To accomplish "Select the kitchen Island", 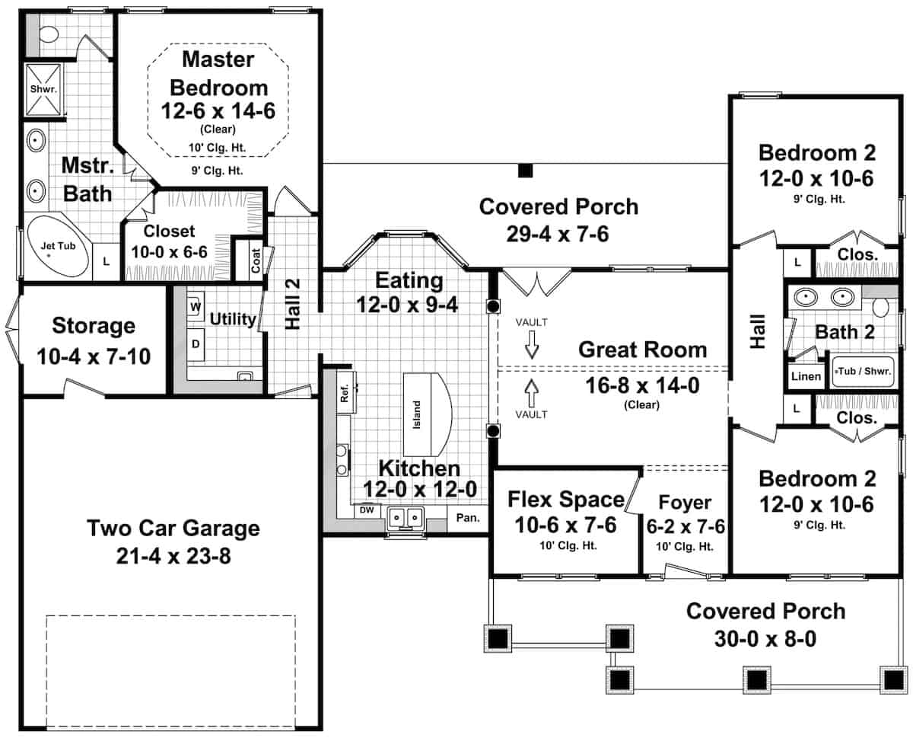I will [427, 413].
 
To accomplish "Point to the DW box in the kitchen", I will [367, 510].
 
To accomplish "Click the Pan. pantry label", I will [468, 518].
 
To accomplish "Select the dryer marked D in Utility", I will [196, 344].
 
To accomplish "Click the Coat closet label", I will [256, 260].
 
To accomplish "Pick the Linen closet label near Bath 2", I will [806, 376].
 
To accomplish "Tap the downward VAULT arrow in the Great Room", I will [532, 348].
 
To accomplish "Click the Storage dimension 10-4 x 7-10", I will [94, 355].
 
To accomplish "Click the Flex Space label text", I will [565, 500].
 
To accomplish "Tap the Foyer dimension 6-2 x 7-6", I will [685, 527].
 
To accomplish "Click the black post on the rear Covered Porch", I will [524, 171].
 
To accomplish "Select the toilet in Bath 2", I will [880, 307].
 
